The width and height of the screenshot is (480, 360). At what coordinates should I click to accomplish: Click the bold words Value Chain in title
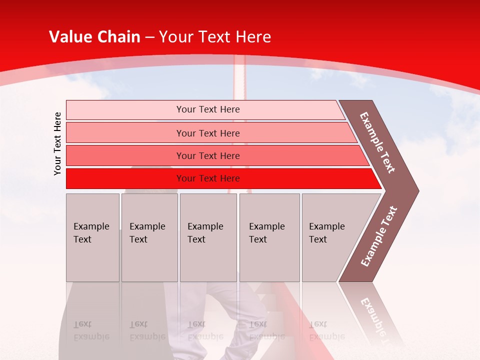(94, 37)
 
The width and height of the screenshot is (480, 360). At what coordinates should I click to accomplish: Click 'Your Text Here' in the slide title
(214, 37)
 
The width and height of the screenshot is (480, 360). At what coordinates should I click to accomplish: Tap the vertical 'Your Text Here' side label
(57, 143)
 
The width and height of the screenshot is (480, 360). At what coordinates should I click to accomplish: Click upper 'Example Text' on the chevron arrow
(377, 142)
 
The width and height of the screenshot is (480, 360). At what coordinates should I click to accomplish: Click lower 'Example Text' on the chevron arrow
(378, 236)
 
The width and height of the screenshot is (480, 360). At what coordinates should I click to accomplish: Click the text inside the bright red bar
(208, 178)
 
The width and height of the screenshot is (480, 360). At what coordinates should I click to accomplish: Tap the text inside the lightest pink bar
(208, 109)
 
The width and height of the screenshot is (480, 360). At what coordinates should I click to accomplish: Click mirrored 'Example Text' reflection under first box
(91, 331)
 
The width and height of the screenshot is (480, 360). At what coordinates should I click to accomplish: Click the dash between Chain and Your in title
(149, 37)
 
